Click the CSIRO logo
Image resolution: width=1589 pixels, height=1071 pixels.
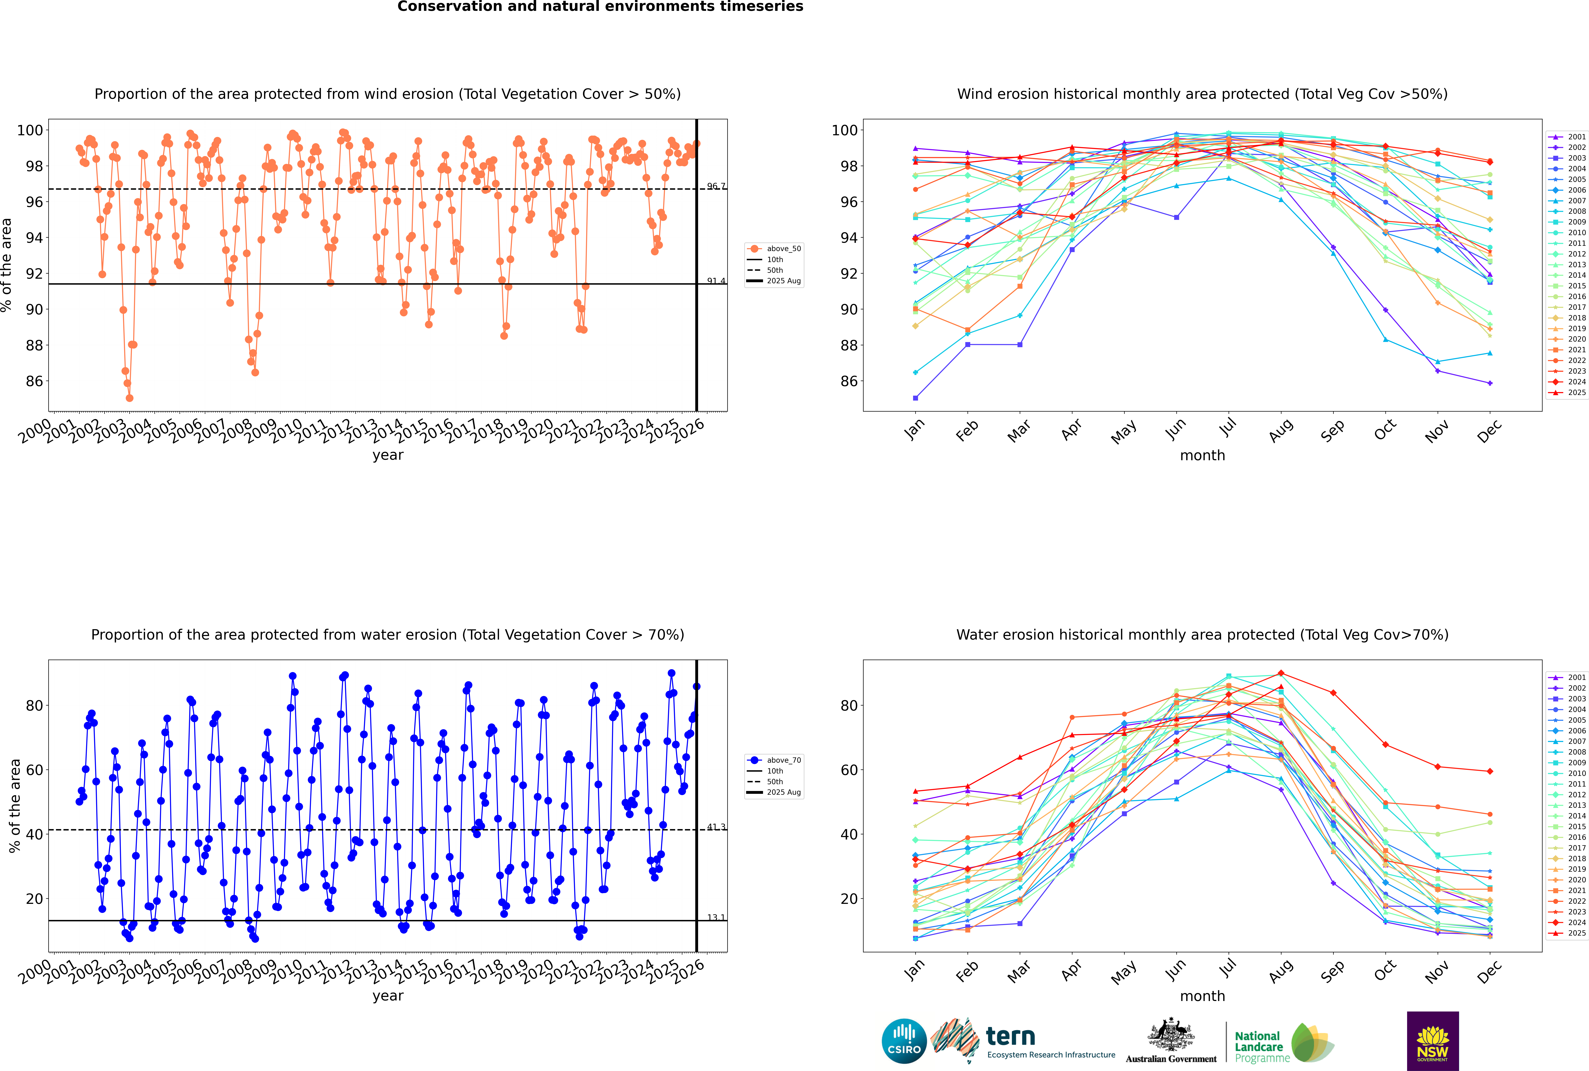(x=904, y=1041)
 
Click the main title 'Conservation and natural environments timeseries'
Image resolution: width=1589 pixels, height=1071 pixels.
(x=600, y=7)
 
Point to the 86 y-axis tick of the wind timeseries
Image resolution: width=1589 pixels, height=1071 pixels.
(x=34, y=381)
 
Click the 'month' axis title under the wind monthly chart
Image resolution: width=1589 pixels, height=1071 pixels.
(x=1202, y=456)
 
